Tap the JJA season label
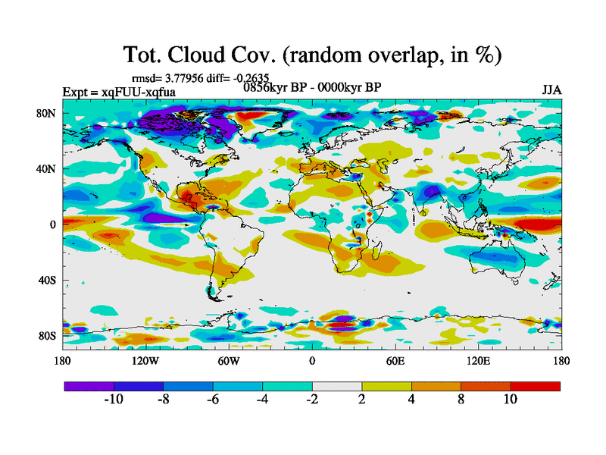point(551,90)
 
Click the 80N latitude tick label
point(48,114)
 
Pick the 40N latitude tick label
point(48,169)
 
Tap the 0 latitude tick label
point(53,224)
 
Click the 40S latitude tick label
point(48,280)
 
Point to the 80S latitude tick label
point(48,335)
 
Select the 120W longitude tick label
point(145,360)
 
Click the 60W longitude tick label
point(229,360)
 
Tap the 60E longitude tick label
point(395,360)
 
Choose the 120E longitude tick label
point(479,360)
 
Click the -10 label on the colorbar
point(114,400)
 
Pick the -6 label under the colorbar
point(213,400)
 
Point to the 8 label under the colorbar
point(461,400)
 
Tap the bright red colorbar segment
point(536,386)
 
